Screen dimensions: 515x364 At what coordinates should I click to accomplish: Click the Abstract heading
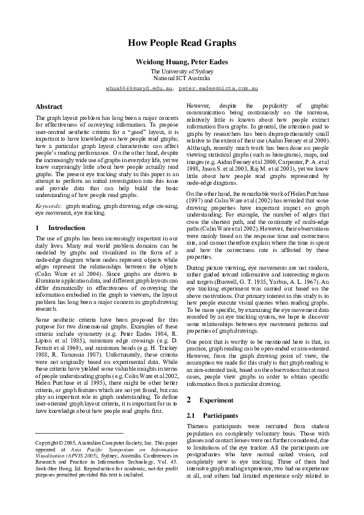(49, 106)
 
